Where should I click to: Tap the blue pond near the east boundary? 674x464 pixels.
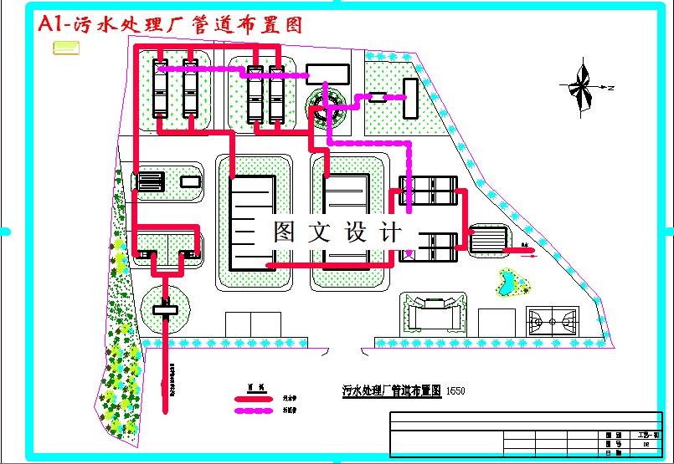[x=508, y=282]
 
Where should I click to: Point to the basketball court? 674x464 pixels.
[x=552, y=320]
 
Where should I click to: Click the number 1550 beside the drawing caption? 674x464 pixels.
[x=455, y=390]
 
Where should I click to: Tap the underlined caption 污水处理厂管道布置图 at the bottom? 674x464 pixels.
[x=392, y=390]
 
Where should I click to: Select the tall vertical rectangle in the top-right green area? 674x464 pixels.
[x=409, y=98]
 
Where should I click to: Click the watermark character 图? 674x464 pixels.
[x=286, y=232]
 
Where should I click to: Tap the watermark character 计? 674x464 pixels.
[x=392, y=232]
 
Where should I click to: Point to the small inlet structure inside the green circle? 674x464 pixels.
[x=165, y=310]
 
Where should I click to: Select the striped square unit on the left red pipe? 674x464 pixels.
[x=152, y=181]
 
